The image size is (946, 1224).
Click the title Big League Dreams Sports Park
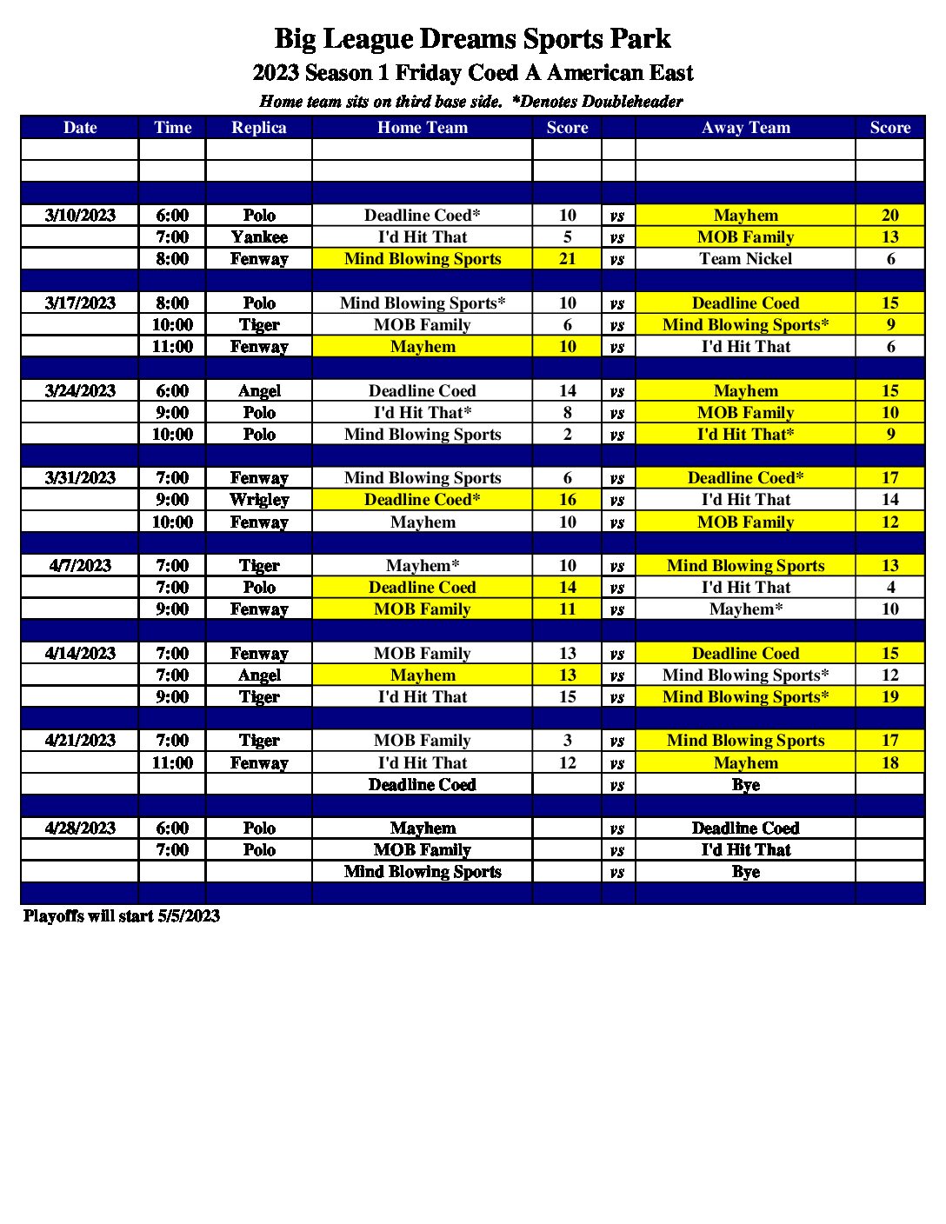click(x=472, y=39)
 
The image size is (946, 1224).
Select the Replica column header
click(x=259, y=128)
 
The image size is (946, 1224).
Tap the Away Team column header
click(x=745, y=128)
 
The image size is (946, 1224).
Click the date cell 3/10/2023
click(x=80, y=216)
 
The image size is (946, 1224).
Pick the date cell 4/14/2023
click(x=80, y=654)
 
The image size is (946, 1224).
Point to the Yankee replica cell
click(x=259, y=237)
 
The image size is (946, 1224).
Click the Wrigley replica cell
click(x=259, y=500)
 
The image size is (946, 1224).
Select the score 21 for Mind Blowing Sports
click(x=567, y=259)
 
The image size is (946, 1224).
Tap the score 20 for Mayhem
click(x=889, y=216)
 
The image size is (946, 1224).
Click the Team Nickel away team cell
click(x=745, y=259)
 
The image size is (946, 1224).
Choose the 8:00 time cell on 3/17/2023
click(x=172, y=303)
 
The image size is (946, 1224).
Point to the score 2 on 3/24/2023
click(x=567, y=435)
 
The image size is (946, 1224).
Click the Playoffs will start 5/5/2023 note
click(x=122, y=916)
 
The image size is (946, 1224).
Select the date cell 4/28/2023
click(x=80, y=828)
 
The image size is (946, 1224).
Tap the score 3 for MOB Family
click(x=567, y=741)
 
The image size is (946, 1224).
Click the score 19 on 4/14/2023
click(x=889, y=697)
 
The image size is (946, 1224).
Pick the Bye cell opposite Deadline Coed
click(x=745, y=785)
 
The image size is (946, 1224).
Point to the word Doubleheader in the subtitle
click(x=632, y=102)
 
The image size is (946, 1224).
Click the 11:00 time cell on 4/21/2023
click(x=172, y=763)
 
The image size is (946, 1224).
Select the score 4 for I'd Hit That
click(x=889, y=588)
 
